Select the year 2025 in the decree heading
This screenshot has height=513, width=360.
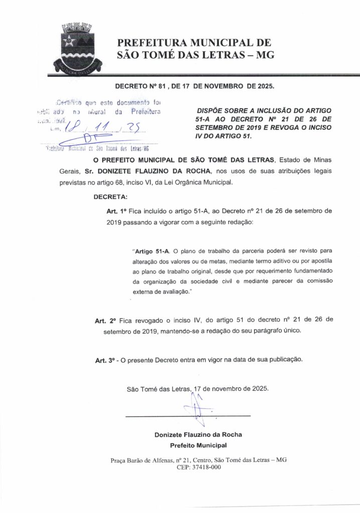[x=263, y=86]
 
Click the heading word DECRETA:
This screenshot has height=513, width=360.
[x=111, y=197]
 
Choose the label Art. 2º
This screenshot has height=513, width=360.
[x=106, y=319]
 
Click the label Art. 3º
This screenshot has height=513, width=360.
[x=106, y=360]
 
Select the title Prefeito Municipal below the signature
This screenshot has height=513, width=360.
[x=199, y=445]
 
